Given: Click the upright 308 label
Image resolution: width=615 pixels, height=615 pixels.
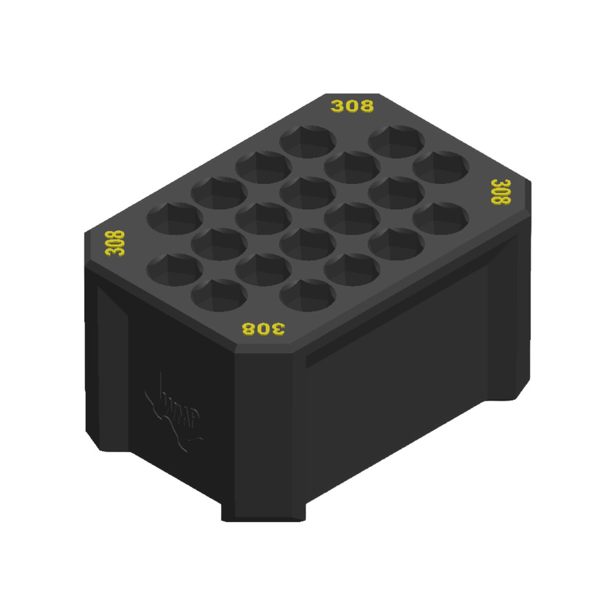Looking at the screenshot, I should (x=352, y=106).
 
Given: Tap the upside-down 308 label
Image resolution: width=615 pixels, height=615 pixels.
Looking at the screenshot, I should (x=263, y=328).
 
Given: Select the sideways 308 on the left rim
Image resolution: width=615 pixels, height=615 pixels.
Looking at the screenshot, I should (x=115, y=243).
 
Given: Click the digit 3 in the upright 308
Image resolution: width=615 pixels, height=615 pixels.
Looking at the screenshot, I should (x=338, y=106).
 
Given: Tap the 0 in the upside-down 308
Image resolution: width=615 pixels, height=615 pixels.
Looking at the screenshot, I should (x=263, y=328).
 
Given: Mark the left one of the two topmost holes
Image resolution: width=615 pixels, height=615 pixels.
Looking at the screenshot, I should (x=307, y=141).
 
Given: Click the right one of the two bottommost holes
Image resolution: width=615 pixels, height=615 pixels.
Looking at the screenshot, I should (x=307, y=294).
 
